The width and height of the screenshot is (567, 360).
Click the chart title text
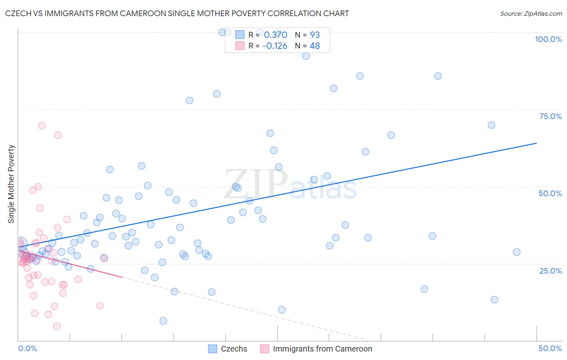[x=177, y=13]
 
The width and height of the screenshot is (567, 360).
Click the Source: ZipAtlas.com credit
[x=531, y=13]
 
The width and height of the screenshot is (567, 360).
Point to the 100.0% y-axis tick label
[x=548, y=39]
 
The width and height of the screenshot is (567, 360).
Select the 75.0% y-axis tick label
[x=550, y=116]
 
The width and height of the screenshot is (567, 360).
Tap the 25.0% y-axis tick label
[x=550, y=271]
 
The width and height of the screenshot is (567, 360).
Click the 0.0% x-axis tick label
[x=27, y=348]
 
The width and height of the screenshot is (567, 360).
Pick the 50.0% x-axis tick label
[x=550, y=348]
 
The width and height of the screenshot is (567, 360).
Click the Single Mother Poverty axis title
[x=11, y=184]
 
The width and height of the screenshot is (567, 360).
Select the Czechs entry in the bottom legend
[x=234, y=349]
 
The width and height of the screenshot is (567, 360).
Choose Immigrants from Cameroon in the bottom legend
[x=322, y=349]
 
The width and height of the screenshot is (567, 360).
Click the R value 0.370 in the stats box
[x=275, y=35]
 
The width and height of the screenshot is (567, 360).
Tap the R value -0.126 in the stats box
[x=275, y=46]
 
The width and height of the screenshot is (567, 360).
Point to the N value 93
[x=315, y=35]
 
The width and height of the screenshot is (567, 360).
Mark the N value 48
[x=315, y=46]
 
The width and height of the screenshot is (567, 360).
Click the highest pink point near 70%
[x=42, y=126]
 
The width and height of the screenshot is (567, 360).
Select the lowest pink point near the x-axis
[x=57, y=326]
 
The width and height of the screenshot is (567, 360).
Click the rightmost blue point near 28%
[x=517, y=252]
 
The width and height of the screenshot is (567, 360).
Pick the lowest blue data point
[x=163, y=321]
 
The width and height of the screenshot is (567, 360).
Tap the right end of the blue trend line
[x=536, y=143]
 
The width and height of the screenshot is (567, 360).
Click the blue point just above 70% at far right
[x=491, y=125]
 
